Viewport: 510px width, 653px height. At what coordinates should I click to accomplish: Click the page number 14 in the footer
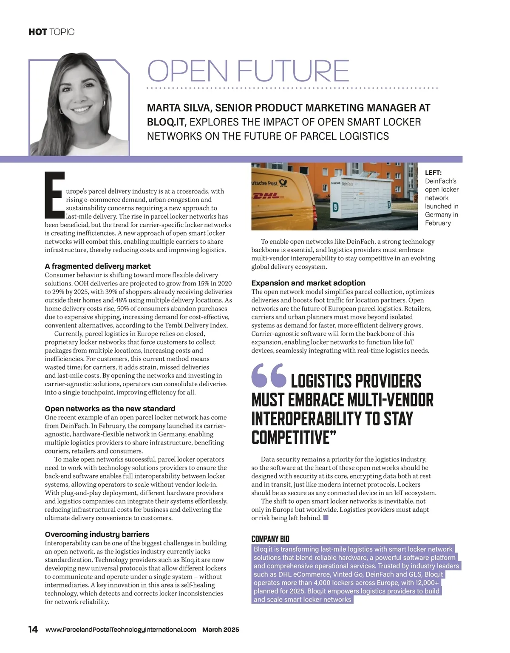click(x=33, y=629)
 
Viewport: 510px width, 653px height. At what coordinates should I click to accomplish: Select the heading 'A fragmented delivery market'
click(x=98, y=266)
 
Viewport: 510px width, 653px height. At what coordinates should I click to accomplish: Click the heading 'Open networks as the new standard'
click(x=110, y=408)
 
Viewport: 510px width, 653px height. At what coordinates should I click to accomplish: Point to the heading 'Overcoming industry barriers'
click(x=97, y=534)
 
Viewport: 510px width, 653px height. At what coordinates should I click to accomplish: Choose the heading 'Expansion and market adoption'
click(x=308, y=283)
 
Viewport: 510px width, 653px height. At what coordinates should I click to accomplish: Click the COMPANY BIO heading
click(x=270, y=539)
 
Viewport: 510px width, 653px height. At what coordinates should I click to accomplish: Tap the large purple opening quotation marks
click(x=269, y=376)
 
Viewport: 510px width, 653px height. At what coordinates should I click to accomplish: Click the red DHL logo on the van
click(x=266, y=196)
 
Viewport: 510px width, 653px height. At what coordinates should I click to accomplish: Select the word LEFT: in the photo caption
click(x=433, y=173)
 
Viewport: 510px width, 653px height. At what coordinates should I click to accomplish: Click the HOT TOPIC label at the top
click(x=51, y=32)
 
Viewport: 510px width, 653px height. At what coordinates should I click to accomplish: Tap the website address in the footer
click(x=121, y=630)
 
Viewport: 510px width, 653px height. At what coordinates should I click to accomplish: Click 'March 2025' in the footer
click(x=221, y=630)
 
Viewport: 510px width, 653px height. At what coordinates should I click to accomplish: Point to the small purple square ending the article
click(x=326, y=518)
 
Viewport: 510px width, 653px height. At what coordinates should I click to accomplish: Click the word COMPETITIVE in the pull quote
click(x=291, y=437)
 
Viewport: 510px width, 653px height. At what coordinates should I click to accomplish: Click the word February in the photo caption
click(x=438, y=223)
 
